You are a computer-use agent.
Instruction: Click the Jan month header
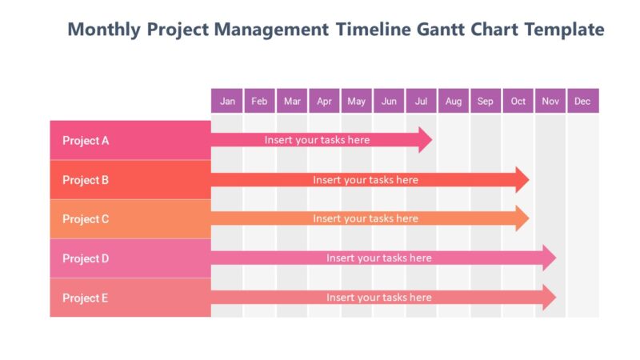[x=227, y=101]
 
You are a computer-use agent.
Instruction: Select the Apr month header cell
[x=324, y=101]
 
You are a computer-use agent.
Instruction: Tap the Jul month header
[x=421, y=101]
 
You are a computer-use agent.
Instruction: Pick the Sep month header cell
[x=486, y=101]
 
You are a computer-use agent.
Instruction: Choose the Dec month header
[x=582, y=101]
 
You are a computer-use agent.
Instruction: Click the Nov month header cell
[x=550, y=101]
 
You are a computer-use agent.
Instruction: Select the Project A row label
[x=86, y=141]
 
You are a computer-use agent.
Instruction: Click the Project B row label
[x=86, y=180]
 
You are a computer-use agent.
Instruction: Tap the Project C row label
[x=86, y=219]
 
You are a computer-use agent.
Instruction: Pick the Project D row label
[x=86, y=258]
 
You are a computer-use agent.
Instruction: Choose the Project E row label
[x=86, y=298]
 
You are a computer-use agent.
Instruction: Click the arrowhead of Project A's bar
[x=424, y=140]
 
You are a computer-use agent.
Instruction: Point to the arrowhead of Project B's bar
[x=522, y=180]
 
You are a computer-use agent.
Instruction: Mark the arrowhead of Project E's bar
[x=549, y=298]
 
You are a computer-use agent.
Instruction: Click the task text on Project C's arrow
[x=365, y=218]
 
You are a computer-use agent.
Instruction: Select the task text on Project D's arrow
[x=378, y=258]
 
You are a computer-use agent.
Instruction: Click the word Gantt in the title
[x=441, y=30]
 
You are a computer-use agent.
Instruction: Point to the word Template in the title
[x=564, y=30]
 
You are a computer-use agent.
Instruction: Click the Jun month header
[x=389, y=101]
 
